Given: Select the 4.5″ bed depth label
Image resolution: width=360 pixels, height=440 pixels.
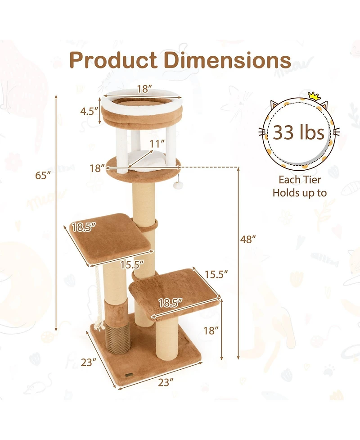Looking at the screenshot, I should click(x=90, y=111).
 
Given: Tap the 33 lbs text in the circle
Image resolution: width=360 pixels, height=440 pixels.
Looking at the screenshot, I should click(x=299, y=132).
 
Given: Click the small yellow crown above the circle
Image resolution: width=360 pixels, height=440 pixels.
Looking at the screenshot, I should click(x=313, y=95).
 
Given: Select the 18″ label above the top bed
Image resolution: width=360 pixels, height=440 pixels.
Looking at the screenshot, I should click(x=142, y=89).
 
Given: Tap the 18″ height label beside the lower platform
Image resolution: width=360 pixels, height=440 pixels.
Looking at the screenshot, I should click(x=211, y=331).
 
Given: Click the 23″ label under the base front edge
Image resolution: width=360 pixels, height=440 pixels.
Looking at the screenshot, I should click(x=166, y=382).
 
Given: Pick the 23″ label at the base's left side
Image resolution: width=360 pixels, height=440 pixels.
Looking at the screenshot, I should click(x=89, y=361).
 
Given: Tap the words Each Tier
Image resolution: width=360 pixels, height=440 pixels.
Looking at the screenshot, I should click(x=299, y=180).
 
